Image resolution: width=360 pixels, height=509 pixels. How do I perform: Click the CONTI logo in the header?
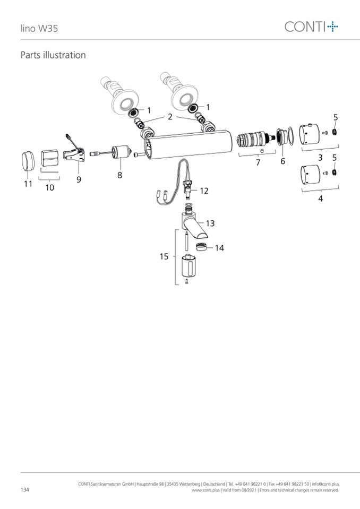[311, 27]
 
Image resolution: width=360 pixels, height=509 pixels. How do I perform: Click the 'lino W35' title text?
[39, 28]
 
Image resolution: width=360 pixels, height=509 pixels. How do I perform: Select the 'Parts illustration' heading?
[53, 55]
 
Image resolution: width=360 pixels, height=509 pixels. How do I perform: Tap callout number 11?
[28, 184]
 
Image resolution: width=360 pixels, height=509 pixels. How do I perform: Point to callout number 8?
[120, 175]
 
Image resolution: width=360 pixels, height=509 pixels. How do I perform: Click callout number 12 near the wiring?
[204, 191]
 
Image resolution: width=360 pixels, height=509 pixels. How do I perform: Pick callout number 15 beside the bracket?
[164, 256]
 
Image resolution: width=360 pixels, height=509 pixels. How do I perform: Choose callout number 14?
[219, 248]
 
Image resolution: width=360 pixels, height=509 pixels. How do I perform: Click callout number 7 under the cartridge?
[258, 162]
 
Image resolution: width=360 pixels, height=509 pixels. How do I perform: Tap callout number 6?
[282, 161]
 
